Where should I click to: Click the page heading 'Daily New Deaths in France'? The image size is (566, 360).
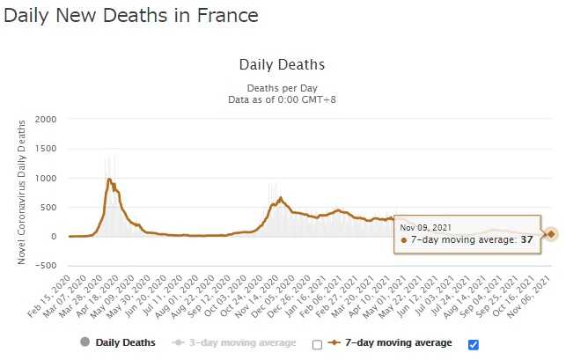(x=131, y=16)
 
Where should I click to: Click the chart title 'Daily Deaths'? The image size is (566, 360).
(x=282, y=64)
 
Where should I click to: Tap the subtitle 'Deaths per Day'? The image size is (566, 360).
(x=282, y=88)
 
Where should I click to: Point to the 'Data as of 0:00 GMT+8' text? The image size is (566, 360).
(x=282, y=99)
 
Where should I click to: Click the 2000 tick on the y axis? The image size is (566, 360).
(x=46, y=119)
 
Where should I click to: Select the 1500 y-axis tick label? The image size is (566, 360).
(x=46, y=149)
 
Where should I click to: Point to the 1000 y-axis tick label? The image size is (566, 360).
(x=46, y=178)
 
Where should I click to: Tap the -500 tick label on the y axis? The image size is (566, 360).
(x=46, y=266)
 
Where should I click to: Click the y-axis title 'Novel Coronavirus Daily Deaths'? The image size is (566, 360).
(x=21, y=192)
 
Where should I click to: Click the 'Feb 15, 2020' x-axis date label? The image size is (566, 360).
(x=50, y=296)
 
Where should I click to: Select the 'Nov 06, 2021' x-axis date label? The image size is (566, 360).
(x=529, y=296)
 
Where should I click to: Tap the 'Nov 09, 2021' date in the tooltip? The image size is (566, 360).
(x=425, y=228)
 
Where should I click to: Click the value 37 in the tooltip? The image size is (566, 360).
(x=526, y=239)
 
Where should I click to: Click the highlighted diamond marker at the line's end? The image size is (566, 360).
(x=551, y=234)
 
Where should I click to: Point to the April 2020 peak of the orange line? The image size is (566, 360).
(x=108, y=179)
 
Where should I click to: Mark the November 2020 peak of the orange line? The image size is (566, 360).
(x=281, y=198)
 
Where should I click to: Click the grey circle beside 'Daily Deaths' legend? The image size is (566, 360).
(x=85, y=342)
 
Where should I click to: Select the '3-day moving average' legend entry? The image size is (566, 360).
(x=234, y=342)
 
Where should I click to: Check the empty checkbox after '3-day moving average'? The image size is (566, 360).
(x=317, y=345)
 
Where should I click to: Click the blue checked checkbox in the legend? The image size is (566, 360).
(x=474, y=345)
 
